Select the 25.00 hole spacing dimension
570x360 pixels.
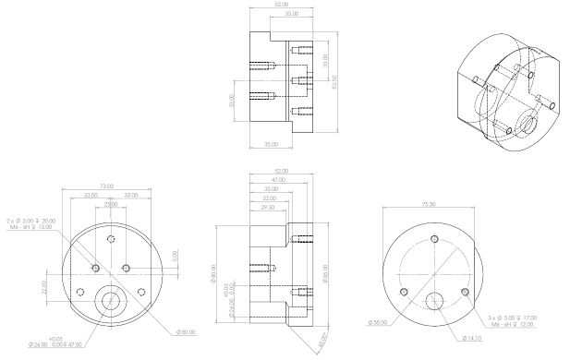click(x=110, y=203)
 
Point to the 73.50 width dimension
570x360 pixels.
click(x=427, y=204)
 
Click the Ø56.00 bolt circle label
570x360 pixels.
click(x=376, y=322)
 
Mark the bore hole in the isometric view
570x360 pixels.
click(x=528, y=120)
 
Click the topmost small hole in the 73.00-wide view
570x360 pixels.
click(x=111, y=239)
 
